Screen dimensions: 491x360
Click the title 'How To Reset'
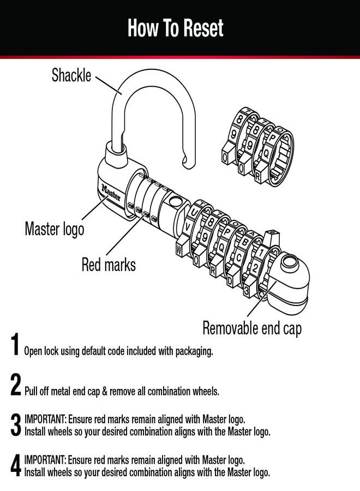[175, 28]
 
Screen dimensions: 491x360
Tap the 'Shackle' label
[71, 75]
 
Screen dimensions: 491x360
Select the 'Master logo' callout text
[55, 229]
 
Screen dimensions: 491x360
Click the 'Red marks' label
[109, 265]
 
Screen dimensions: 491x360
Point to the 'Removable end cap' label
[252, 328]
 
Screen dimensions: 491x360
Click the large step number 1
[16, 346]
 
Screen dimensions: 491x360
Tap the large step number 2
[16, 385]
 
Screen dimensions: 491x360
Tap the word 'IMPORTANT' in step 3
[45, 420]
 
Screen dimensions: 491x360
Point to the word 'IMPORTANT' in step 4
[45, 460]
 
